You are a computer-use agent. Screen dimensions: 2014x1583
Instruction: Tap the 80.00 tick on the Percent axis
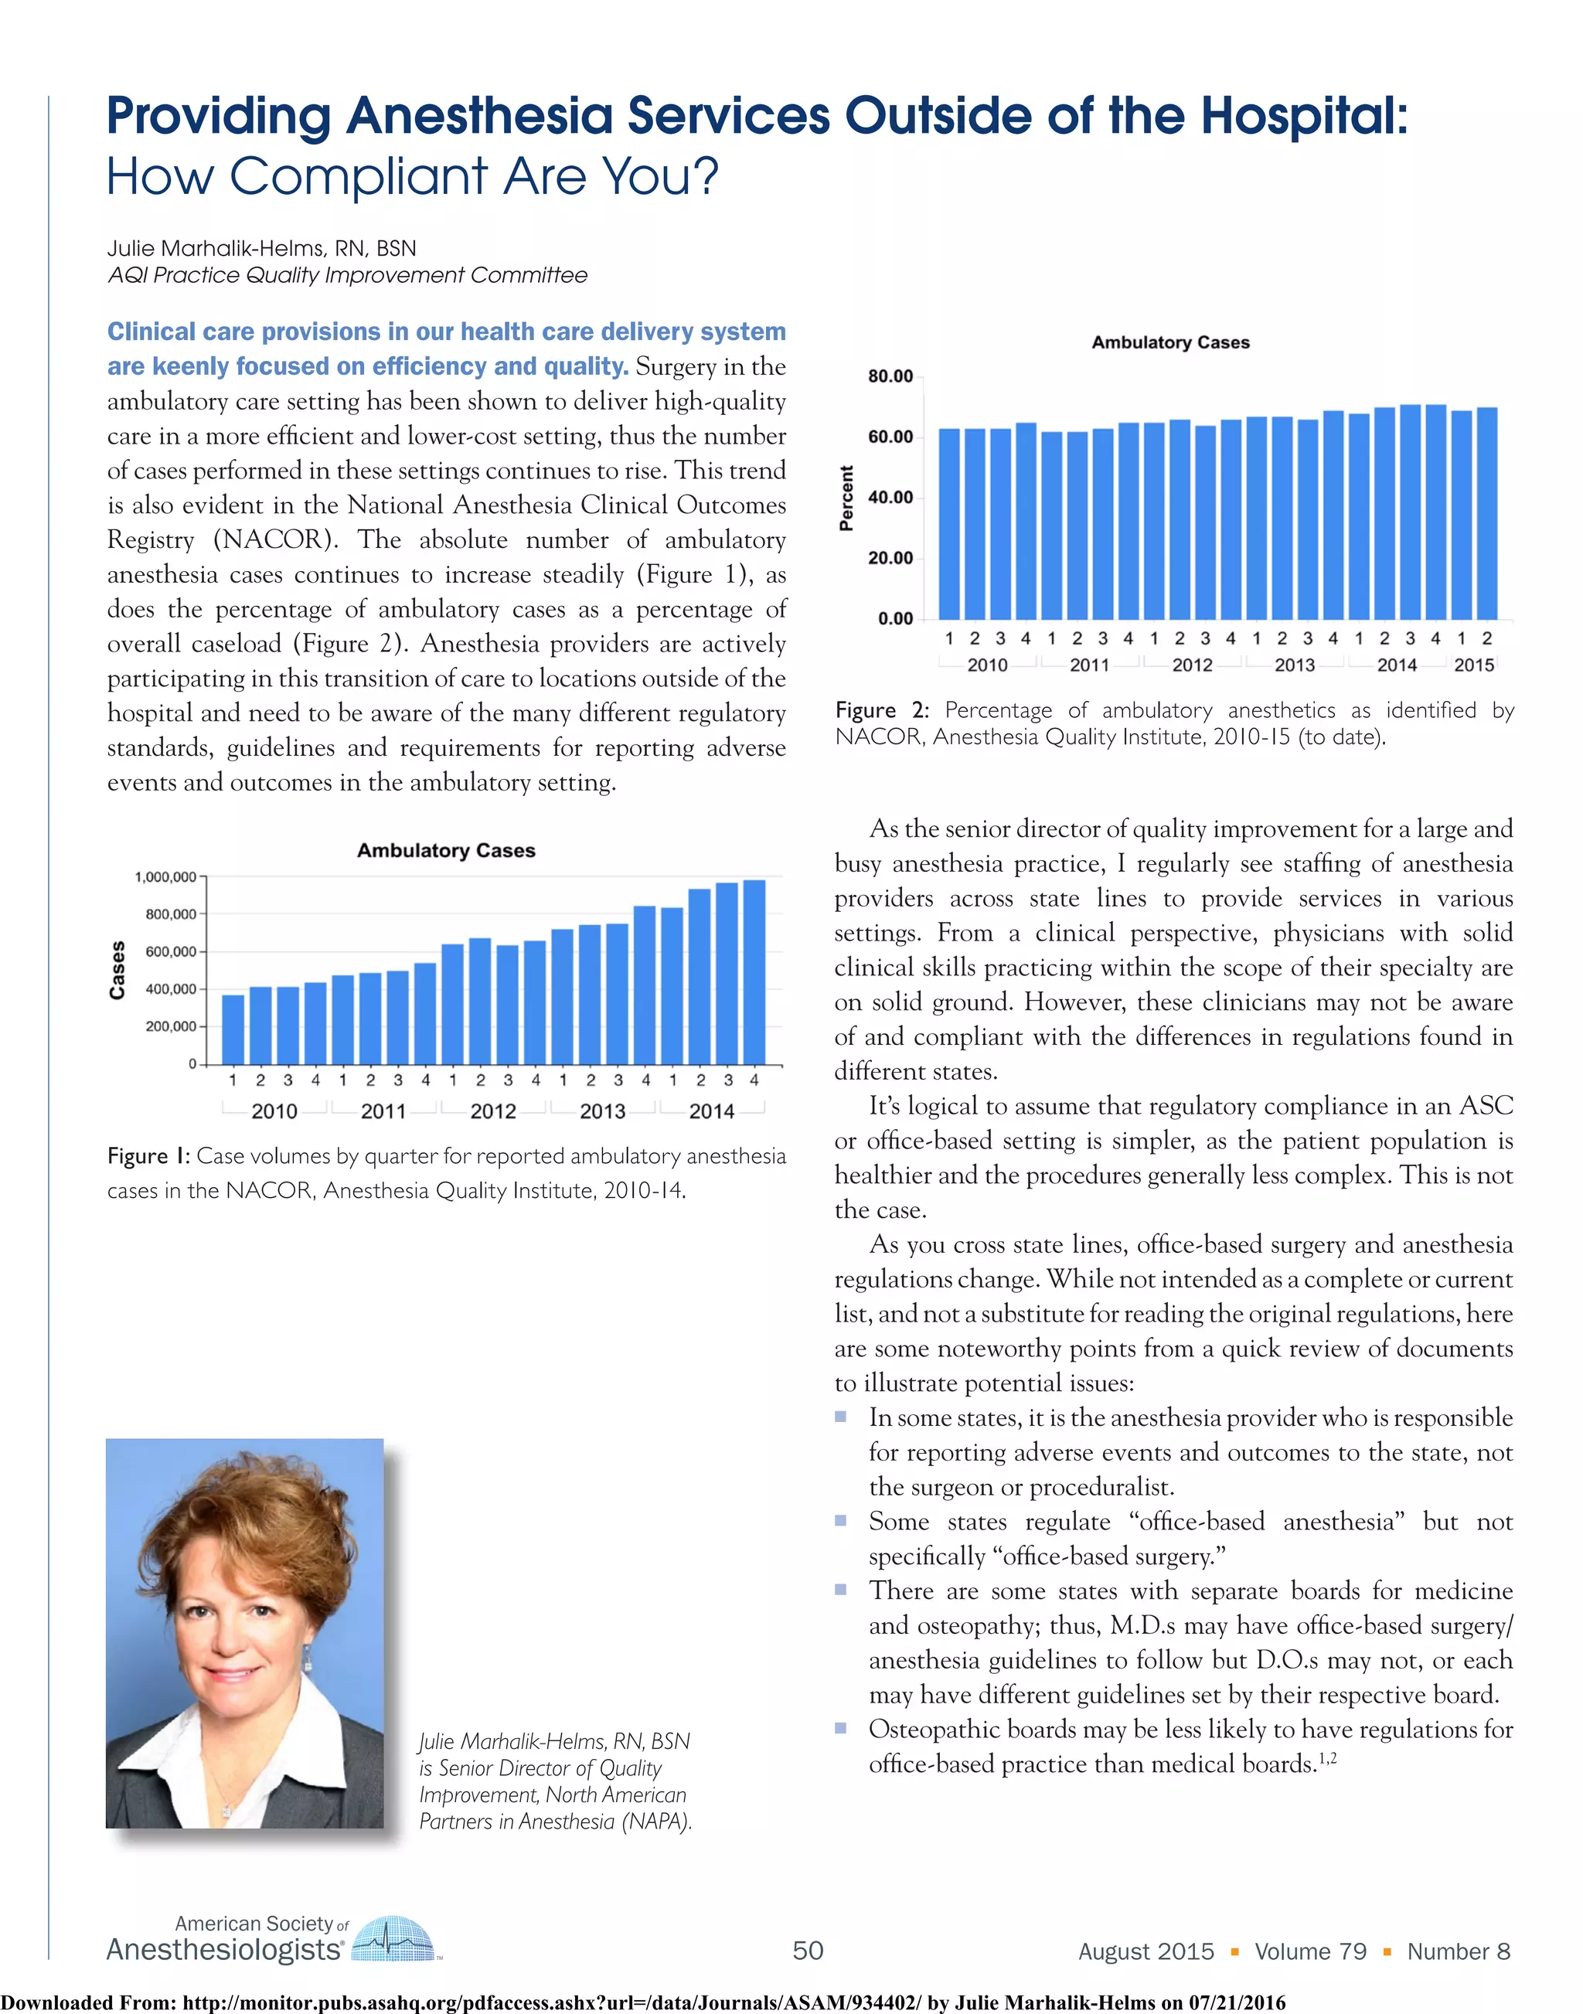[890, 376]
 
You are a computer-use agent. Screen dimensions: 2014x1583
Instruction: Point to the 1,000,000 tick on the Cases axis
[165, 877]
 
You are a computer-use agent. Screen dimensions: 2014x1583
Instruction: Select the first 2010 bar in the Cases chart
[233, 1029]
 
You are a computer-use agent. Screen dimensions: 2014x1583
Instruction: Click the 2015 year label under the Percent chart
[1474, 665]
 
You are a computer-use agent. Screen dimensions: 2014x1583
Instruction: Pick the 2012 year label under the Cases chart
[493, 1111]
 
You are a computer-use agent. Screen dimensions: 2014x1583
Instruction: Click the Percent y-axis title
[846, 498]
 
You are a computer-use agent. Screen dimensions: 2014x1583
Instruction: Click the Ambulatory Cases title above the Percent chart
[1169, 342]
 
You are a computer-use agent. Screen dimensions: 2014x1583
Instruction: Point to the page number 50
[807, 1951]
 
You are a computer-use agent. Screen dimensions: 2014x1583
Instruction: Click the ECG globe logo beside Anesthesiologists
[394, 1938]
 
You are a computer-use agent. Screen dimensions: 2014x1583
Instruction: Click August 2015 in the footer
[1146, 1951]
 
